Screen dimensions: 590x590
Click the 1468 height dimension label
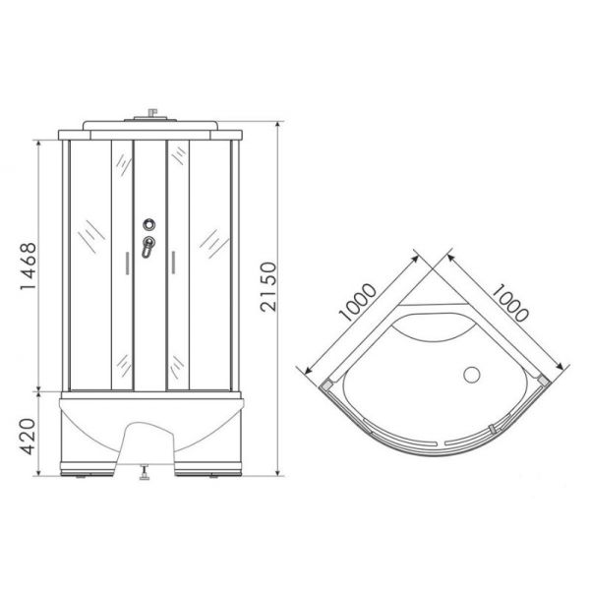[29, 266]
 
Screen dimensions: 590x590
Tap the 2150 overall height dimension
[268, 287]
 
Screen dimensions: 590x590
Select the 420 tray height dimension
[28, 436]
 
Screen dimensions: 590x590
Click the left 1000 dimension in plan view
[357, 302]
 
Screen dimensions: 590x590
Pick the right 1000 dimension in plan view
[510, 303]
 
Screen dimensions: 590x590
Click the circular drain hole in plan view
[471, 376]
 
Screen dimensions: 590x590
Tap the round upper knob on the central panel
[149, 224]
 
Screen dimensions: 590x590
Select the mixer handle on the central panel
[147, 247]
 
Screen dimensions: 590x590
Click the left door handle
[127, 263]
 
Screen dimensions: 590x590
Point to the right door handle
[173, 263]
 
